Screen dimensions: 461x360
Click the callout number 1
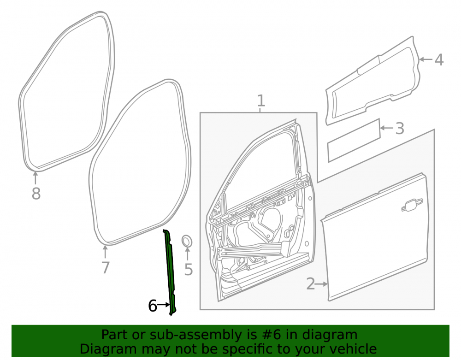261,100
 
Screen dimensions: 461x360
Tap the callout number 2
310,283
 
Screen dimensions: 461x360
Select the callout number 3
400,129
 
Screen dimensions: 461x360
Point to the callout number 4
439,59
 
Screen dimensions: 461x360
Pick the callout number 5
189,269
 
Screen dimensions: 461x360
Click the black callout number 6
152,306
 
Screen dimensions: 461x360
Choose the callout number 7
105,267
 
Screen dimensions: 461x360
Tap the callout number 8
36,194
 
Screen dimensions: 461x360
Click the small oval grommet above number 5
187,241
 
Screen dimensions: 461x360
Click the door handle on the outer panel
412,205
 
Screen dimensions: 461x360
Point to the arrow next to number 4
426,59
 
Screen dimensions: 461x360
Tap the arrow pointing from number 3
387,128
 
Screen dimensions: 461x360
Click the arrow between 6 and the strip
164,305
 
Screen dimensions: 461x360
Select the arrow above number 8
35,178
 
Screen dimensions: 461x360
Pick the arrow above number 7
105,252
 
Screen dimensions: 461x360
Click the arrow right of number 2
321,284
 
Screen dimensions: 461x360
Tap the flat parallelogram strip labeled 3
354,141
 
